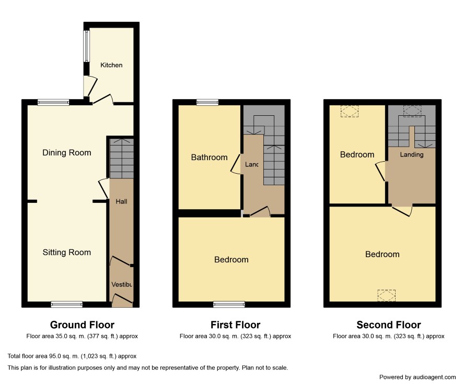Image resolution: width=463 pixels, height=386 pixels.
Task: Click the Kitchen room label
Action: (111, 65)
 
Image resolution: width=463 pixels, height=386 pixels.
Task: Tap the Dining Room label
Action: (67, 153)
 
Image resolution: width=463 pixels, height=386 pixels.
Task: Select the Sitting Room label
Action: (67, 252)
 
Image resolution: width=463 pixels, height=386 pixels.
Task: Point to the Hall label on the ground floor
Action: (121, 201)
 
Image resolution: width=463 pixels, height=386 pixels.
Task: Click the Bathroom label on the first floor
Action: (210, 158)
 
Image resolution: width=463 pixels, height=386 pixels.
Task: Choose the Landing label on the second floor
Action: (412, 155)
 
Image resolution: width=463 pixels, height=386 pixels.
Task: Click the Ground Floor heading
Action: (82, 325)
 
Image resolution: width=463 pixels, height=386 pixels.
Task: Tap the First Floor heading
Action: (235, 325)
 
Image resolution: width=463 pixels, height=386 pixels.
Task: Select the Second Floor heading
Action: (389, 325)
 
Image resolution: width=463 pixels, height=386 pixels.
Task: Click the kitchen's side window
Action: (87, 46)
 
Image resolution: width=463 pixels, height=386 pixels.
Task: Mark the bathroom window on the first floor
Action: (207, 102)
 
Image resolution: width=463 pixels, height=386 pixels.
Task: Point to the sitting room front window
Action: (67, 305)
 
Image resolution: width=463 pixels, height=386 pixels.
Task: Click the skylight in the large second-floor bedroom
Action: (386, 295)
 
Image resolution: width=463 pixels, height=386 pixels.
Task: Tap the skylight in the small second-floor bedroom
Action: (350, 112)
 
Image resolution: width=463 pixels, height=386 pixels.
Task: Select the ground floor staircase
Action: (121, 159)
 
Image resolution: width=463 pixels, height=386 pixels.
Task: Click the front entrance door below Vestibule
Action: (122, 299)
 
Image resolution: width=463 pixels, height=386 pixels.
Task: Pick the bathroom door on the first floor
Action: (235, 164)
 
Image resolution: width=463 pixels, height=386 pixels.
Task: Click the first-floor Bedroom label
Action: (231, 260)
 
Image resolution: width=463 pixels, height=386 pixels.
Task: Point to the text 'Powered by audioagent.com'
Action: (418, 377)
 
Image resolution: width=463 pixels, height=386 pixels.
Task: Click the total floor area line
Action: (72, 356)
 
